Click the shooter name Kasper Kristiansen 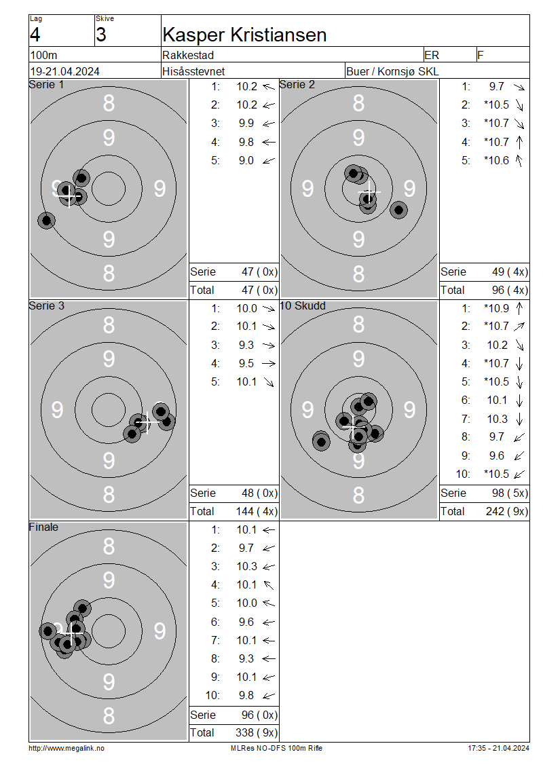[244, 35]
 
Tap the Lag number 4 [35, 35]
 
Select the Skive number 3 [100, 35]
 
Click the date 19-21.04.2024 [64, 71]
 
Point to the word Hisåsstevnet [193, 71]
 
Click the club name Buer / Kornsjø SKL [392, 71]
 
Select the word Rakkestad [188, 55]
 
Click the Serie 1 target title [46, 85]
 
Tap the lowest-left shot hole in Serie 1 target [46, 221]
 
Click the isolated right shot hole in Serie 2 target [398, 210]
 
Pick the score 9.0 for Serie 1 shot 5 [246, 160]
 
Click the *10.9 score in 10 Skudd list [497, 309]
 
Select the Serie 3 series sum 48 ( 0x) [259, 493]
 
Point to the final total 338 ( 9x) [257, 733]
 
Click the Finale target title [43, 527]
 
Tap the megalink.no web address [67, 749]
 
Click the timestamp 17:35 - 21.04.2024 [498, 749]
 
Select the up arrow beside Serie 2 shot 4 [519, 142]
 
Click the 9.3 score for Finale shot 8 [246, 659]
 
